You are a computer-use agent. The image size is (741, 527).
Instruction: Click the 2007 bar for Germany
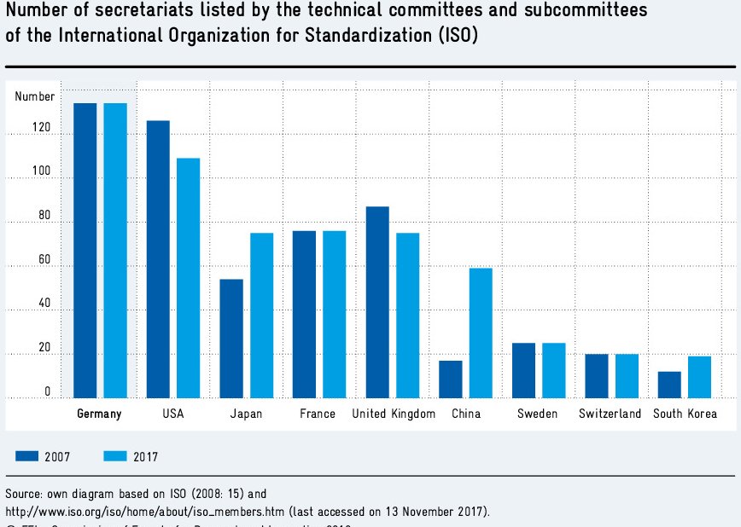coord(85,250)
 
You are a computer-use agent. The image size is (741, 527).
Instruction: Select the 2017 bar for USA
coord(188,277)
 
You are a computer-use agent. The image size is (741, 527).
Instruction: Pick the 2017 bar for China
coord(481,333)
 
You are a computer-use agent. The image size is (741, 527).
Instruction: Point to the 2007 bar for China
coord(451,379)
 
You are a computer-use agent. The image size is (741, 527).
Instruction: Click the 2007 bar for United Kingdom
coord(377,302)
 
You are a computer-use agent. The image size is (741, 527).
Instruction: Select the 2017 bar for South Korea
coord(700,377)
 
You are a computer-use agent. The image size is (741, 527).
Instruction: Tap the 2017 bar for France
coord(334,314)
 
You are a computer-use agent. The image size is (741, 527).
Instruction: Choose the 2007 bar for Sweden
coord(523,370)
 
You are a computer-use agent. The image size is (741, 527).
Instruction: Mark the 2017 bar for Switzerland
coord(627,375)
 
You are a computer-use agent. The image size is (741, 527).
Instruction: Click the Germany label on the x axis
coord(99,414)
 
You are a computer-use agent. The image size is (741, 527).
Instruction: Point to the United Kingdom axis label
coord(394,414)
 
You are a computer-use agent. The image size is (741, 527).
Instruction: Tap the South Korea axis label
coord(685,414)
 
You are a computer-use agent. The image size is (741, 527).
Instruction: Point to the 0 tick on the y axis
coord(47,391)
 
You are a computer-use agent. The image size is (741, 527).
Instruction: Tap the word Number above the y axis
coord(34,97)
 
